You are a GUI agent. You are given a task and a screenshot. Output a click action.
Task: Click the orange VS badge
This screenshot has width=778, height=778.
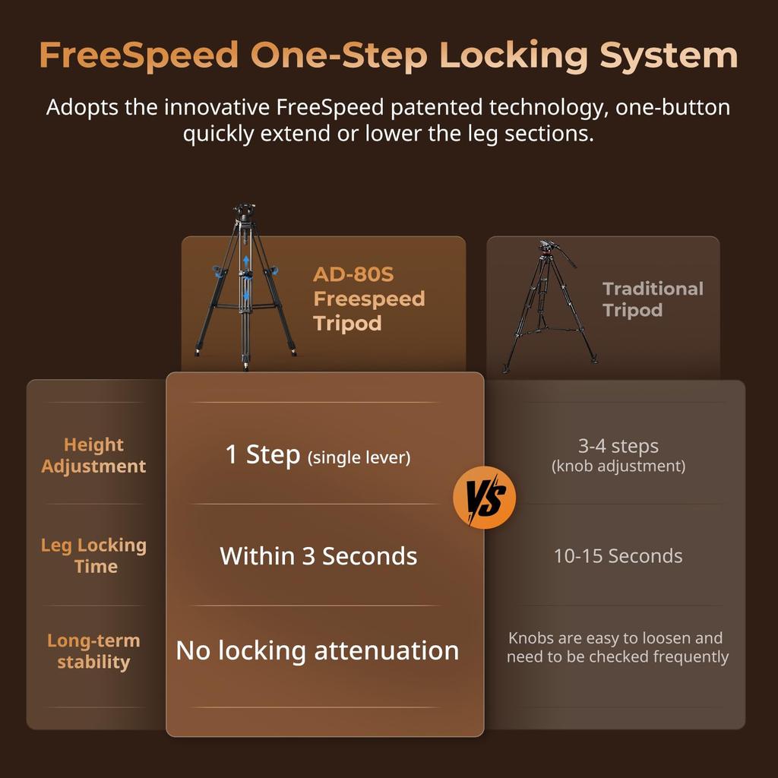click(484, 498)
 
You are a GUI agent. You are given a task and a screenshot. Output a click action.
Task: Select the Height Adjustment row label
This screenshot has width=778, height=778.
click(93, 455)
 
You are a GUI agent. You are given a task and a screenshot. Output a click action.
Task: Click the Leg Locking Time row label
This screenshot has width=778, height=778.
click(93, 555)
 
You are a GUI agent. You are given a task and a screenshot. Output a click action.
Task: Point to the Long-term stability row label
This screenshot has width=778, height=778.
click(93, 651)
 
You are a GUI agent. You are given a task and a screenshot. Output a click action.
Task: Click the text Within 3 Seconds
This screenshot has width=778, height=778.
click(318, 556)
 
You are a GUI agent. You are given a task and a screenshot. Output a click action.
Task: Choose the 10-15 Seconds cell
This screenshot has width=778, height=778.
click(618, 556)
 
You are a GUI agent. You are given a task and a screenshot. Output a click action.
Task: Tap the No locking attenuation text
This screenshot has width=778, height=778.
click(318, 651)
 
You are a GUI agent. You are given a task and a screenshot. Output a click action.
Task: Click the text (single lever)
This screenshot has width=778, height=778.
click(359, 458)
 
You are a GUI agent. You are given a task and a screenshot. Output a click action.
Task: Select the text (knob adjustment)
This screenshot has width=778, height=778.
click(618, 466)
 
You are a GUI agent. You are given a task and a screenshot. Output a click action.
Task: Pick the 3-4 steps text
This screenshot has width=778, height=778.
click(618, 446)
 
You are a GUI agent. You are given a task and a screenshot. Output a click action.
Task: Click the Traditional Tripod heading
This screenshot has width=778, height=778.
click(653, 299)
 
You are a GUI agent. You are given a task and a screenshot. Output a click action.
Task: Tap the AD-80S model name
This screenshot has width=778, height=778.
click(353, 274)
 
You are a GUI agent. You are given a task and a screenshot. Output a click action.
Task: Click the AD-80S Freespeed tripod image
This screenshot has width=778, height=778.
click(245, 289)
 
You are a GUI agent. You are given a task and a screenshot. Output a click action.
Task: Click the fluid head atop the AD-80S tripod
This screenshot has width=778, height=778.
click(245, 211)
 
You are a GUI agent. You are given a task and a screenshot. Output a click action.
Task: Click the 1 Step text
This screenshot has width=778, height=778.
click(263, 455)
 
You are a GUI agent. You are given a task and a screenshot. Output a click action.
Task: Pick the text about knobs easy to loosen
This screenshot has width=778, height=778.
click(618, 647)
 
